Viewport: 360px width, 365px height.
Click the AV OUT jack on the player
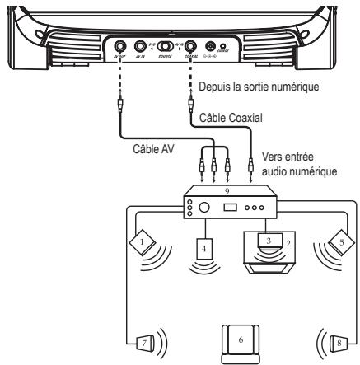(x=119, y=48)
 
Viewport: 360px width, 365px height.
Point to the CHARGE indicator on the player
(x=223, y=48)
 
